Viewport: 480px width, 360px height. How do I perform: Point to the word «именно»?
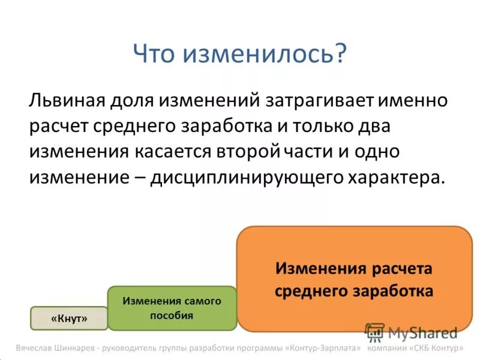[x=414, y=100]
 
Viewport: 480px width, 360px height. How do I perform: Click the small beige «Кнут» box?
[x=69, y=319]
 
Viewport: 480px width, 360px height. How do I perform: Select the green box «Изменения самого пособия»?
[x=172, y=308]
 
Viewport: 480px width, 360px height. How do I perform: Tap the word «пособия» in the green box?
[x=172, y=316]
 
